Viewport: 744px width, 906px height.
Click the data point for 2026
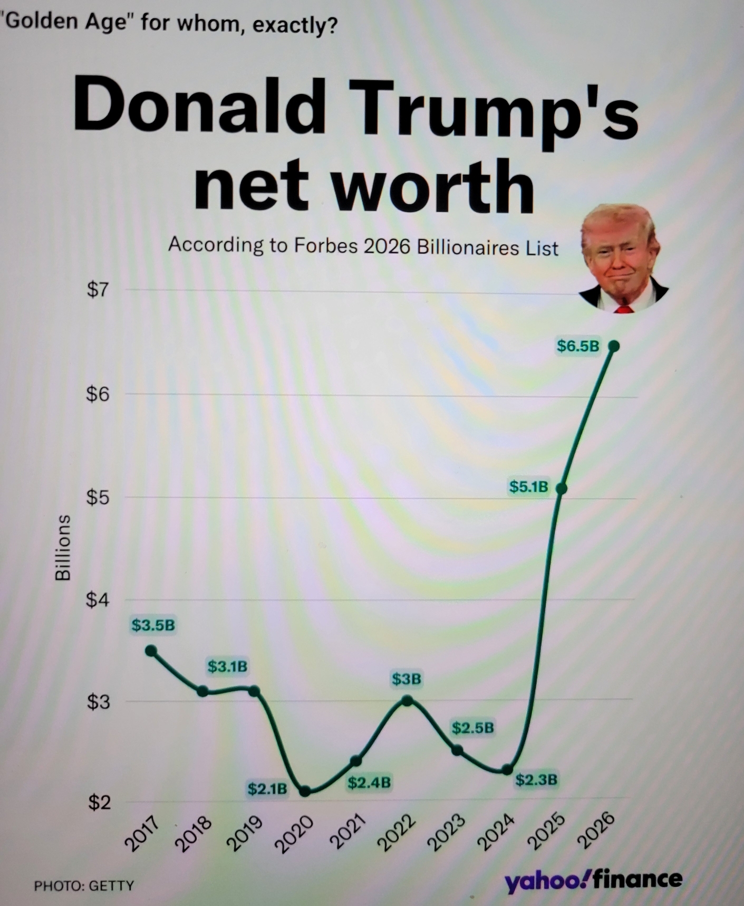point(614,346)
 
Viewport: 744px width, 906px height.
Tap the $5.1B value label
point(528,487)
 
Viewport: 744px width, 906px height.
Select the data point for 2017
point(151,651)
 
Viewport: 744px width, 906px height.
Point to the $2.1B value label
point(267,789)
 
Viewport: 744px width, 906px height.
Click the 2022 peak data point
point(407,700)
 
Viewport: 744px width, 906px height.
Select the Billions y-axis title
point(63,547)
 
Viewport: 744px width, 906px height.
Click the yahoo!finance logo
point(593,879)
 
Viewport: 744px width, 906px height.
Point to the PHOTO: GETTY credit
point(84,885)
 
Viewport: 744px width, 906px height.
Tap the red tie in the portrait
point(624,309)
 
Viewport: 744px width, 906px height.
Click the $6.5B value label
point(578,346)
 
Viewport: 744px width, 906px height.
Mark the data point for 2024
point(507,769)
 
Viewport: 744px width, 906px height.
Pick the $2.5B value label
point(473,728)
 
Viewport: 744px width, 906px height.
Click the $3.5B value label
point(153,625)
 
